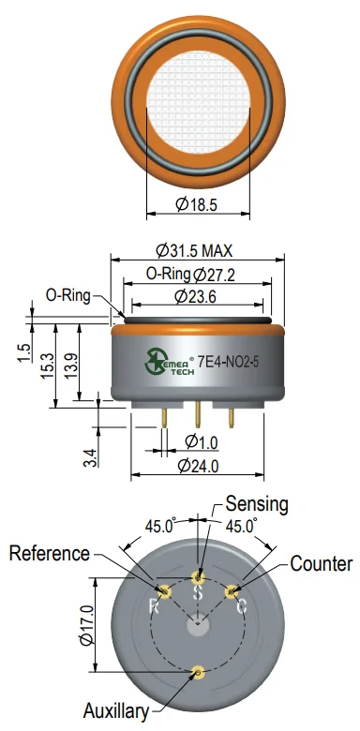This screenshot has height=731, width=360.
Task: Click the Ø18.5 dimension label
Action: (x=196, y=204)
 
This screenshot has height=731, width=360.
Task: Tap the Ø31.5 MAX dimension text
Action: (x=194, y=251)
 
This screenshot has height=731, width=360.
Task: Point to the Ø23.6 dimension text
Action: (x=195, y=296)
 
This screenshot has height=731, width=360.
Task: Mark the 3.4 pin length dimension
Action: (x=91, y=457)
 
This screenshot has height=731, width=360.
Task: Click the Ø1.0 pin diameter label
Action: (x=202, y=442)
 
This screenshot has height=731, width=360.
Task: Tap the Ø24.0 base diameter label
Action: (x=198, y=465)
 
